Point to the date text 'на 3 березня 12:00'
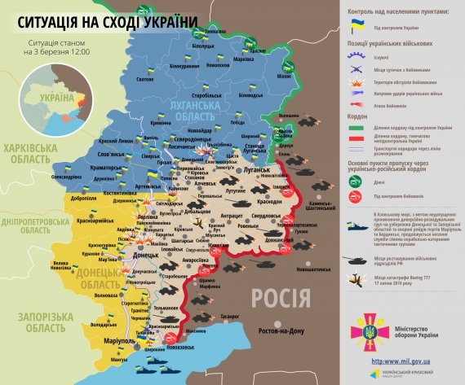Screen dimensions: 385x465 pos(57,52)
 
